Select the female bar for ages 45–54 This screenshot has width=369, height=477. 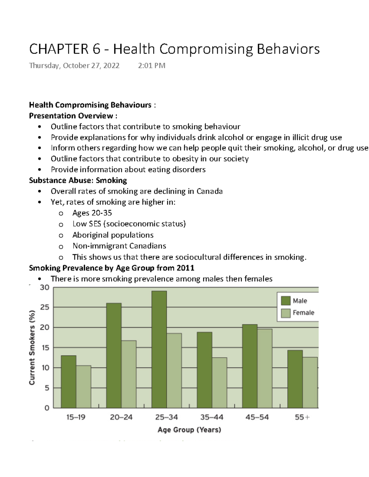265,369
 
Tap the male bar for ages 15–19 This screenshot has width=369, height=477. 69,382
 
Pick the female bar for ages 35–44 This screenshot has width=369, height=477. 220,383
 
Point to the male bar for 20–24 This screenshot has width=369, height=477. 114,356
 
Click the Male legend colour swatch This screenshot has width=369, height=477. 286,301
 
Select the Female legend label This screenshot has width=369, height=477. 303,313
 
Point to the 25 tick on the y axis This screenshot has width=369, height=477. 45,307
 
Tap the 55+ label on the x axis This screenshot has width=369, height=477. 302,417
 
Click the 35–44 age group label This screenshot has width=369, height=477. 212,417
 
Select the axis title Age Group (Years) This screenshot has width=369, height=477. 189,430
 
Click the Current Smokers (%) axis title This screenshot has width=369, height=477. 32,347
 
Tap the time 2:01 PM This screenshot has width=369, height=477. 152,65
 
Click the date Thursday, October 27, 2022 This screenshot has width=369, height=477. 74,65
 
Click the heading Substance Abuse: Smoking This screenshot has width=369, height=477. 78,180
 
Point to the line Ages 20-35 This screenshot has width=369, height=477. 92,213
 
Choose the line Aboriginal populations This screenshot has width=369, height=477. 113,235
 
